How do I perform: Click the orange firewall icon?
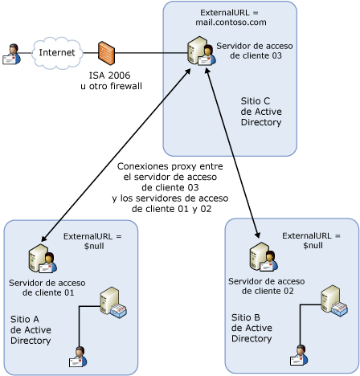coord(106,53)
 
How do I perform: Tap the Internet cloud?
coord(57,53)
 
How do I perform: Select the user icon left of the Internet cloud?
coord(11,54)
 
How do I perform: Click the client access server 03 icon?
coord(202,51)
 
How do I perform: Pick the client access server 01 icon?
coord(43,259)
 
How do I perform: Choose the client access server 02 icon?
coord(264,257)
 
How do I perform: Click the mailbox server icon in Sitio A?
coord(113,303)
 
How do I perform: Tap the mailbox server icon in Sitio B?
coord(334,301)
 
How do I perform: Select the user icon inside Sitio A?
coord(78,357)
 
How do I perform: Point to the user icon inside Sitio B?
coord(299,355)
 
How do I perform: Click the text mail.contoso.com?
coord(231,22)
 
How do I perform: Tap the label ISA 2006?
coord(109,76)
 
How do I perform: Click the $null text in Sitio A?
coord(94,246)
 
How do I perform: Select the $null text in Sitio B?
coord(313,245)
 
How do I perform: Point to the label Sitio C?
coord(256,101)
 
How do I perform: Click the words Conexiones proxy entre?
coord(170,166)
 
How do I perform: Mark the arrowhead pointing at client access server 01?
coord(44,238)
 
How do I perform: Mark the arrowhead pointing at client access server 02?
coord(257,235)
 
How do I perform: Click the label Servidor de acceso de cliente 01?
coord(47,288)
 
